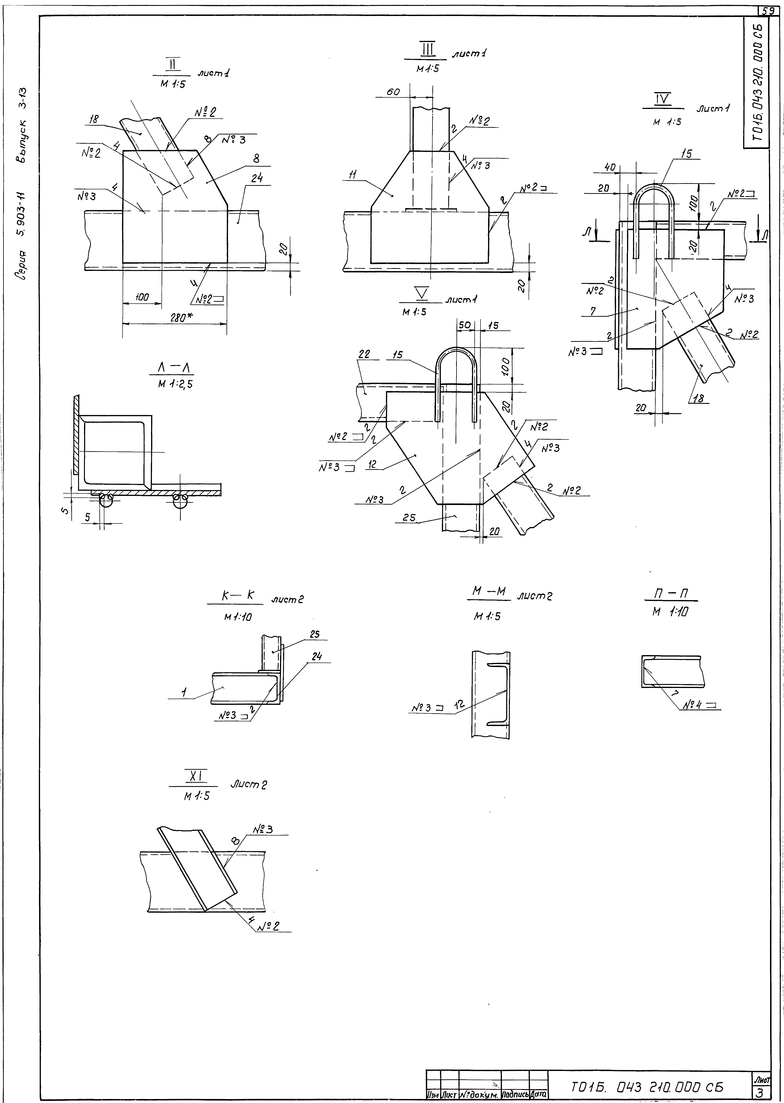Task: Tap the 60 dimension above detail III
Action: (x=393, y=92)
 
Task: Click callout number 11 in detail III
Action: (x=353, y=175)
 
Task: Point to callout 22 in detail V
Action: (x=364, y=354)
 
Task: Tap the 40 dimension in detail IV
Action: (x=609, y=167)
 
